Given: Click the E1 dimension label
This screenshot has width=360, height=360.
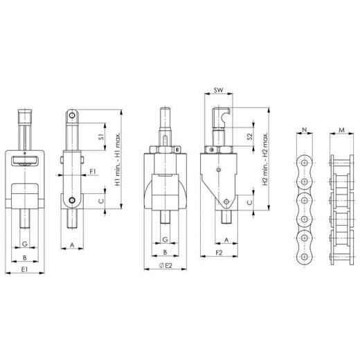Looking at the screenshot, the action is click(24, 269).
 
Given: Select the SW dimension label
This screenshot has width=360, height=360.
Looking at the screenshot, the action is click(218, 90).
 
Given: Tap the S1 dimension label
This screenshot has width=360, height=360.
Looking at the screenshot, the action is click(101, 137).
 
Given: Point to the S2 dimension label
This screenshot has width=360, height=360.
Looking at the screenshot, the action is click(250, 136).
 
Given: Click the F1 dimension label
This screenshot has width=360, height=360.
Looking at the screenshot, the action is click(93, 172).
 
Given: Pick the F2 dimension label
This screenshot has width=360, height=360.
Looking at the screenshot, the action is click(219, 253).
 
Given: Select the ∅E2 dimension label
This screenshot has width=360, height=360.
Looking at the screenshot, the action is click(165, 265).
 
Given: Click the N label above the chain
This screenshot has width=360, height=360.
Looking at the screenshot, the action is click(305, 129).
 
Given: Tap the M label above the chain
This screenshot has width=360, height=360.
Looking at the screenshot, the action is click(341, 130).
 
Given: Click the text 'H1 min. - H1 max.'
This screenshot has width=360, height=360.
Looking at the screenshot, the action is click(118, 159).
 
